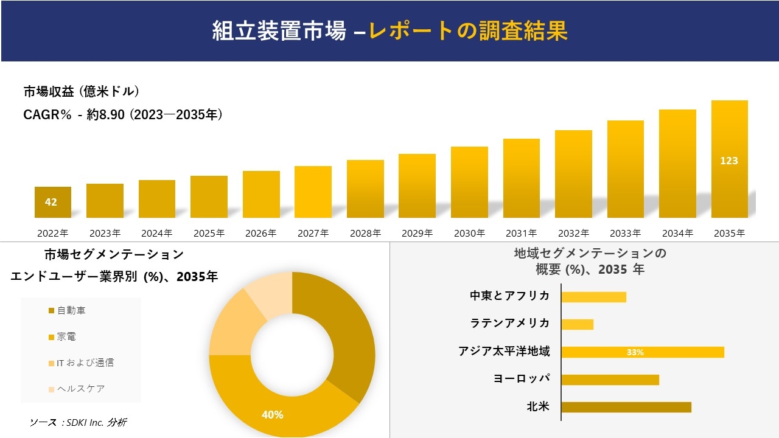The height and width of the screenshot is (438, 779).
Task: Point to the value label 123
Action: pos(729,161)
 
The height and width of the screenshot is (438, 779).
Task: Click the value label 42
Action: pos(51,202)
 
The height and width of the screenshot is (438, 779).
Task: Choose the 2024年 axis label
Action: pos(156,233)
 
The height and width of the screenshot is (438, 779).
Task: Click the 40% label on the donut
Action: pos(272,415)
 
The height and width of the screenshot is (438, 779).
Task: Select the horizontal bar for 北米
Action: pos(626,407)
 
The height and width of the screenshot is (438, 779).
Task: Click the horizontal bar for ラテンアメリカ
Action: pos(577,324)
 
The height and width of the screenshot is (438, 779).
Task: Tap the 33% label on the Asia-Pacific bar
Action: pos(635,352)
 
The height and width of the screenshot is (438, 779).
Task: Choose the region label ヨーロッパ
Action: pos(522,378)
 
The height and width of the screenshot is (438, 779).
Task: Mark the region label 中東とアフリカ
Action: pos(509,296)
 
